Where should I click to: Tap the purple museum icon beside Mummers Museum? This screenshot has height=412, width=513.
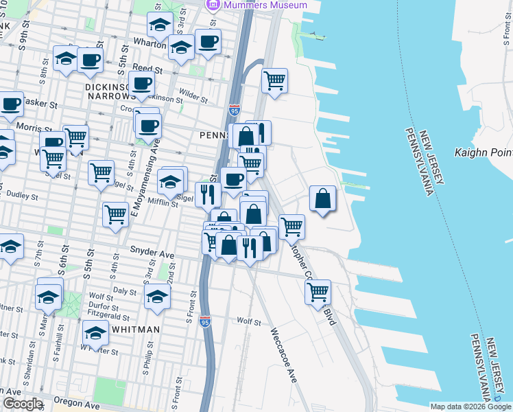pyautogui.click(x=213, y=5)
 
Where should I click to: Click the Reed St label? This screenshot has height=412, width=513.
pyautogui.click(x=147, y=69)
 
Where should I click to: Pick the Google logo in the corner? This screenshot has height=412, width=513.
pyautogui.click(x=22, y=404)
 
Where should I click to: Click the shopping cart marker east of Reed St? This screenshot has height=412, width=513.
pyautogui.click(x=274, y=80)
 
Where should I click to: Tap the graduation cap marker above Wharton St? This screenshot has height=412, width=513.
pyautogui.click(x=160, y=26)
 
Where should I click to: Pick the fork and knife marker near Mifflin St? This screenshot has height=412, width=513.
pyautogui.click(x=208, y=194)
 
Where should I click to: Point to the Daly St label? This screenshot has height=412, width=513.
pyautogui.click(x=125, y=291)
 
